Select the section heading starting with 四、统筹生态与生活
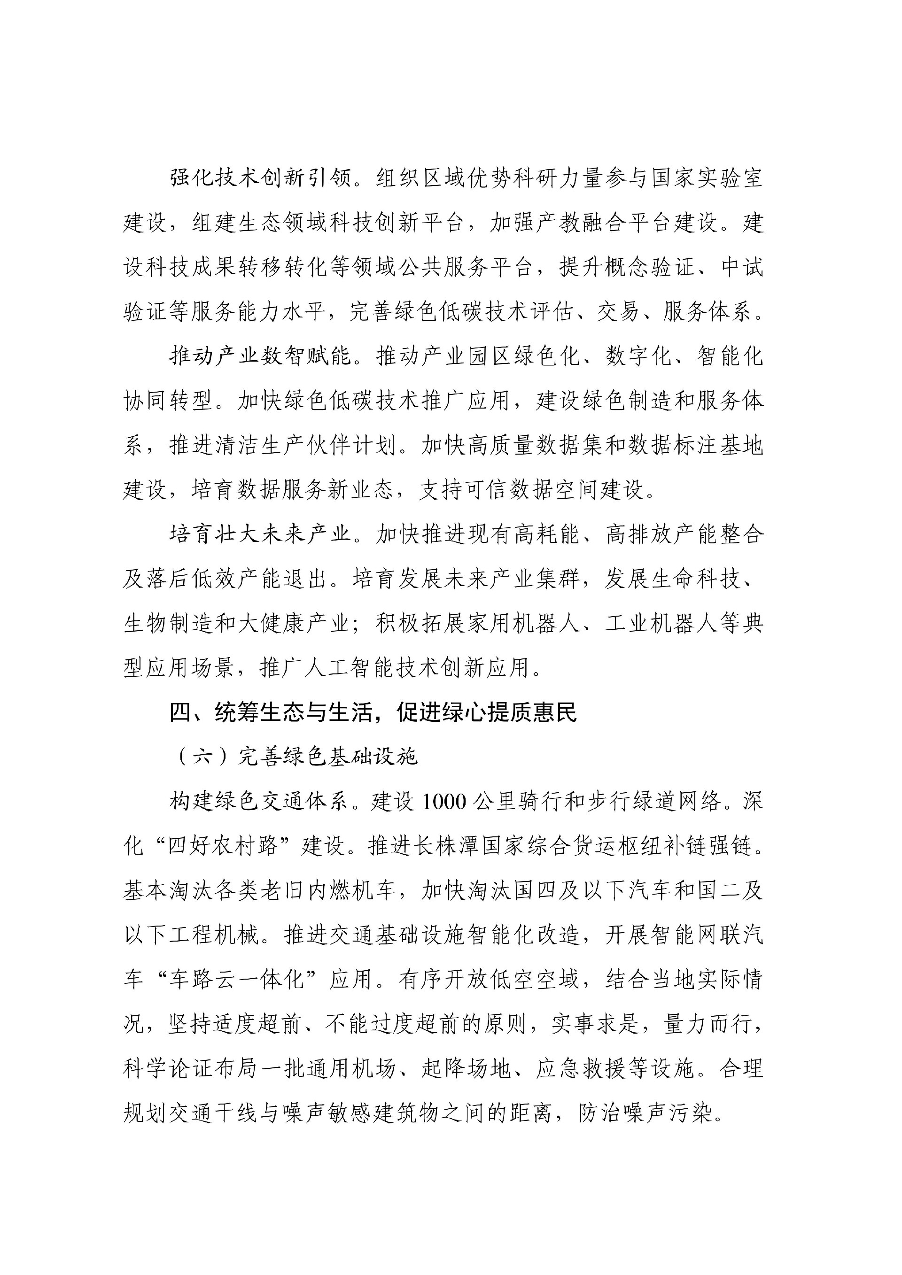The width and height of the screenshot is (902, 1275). [x=373, y=712]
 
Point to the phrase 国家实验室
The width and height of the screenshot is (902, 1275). [x=707, y=179]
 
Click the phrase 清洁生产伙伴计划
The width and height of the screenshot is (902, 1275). [x=306, y=445]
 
